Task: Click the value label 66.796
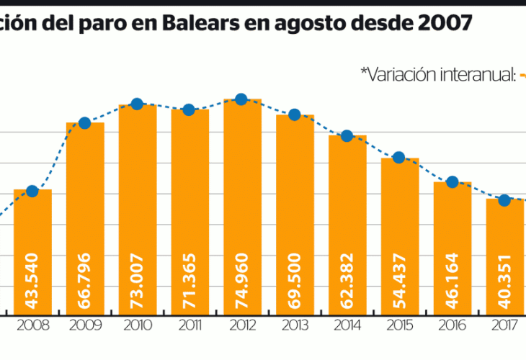pos(85,278)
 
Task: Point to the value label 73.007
pos(138,278)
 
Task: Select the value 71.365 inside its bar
pos(190,278)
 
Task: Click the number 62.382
pos(347,278)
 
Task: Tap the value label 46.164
pos(453,278)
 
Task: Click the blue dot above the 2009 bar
pos(84,122)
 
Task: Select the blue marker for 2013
pos(294,114)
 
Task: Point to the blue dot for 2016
pos(452,181)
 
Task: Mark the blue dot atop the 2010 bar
pos(137,104)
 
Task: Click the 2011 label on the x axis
pos(190,325)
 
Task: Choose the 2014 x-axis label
pos(347,325)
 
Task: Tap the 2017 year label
pos(504,325)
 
